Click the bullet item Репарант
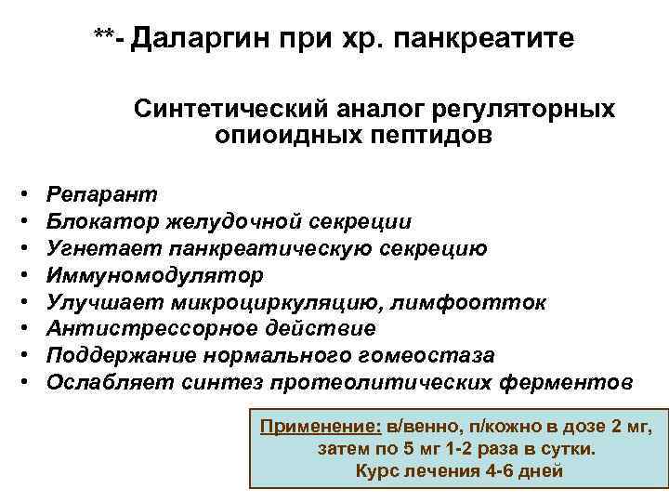(x=102, y=194)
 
